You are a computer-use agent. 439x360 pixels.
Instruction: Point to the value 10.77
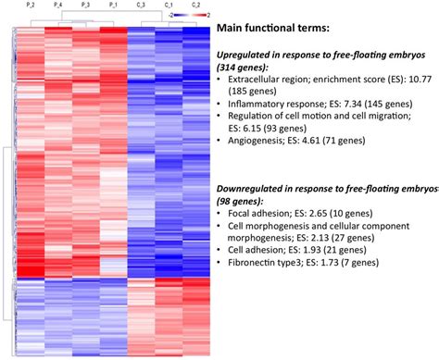coord(414,82)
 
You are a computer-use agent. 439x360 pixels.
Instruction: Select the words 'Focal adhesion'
coord(260,214)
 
